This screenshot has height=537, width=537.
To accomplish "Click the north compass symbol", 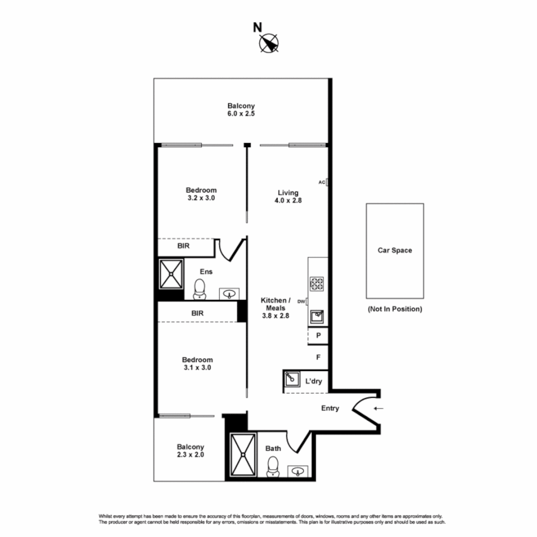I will [x=269, y=44].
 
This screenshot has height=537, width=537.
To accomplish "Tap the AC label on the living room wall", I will [x=321, y=182].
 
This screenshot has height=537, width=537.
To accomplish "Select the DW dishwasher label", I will [x=300, y=301].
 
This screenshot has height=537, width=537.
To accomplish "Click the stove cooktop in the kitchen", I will [x=317, y=284].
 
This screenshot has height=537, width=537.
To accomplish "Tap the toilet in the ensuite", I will [x=199, y=289].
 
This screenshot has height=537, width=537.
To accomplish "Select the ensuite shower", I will [x=171, y=273].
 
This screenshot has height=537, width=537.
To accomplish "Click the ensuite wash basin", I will [x=229, y=294].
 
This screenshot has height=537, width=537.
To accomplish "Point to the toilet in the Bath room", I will [x=272, y=467].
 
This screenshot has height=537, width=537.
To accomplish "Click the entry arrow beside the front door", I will [x=379, y=408].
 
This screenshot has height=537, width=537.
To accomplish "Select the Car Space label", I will [x=395, y=250].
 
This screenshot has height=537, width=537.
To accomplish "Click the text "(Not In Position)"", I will [x=395, y=309].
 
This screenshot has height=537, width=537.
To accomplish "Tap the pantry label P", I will [x=318, y=335].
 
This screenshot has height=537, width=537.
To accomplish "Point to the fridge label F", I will [x=318, y=357].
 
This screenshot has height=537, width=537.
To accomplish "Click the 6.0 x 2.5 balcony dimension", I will [x=241, y=113].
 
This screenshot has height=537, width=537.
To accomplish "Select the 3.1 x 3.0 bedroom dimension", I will [x=197, y=367].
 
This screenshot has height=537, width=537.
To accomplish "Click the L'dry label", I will [x=313, y=381].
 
